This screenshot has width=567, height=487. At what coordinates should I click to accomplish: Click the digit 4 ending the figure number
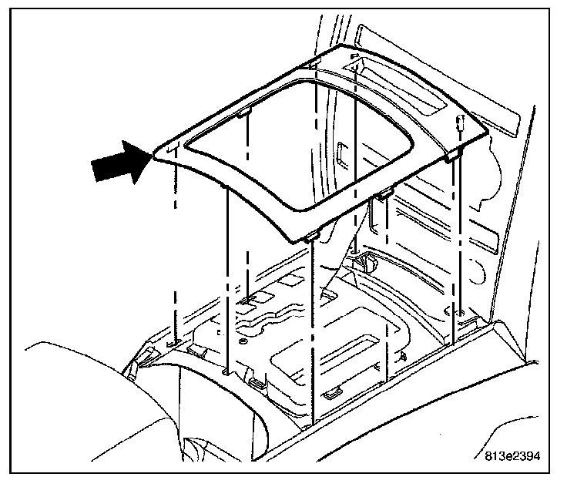[536, 455]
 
